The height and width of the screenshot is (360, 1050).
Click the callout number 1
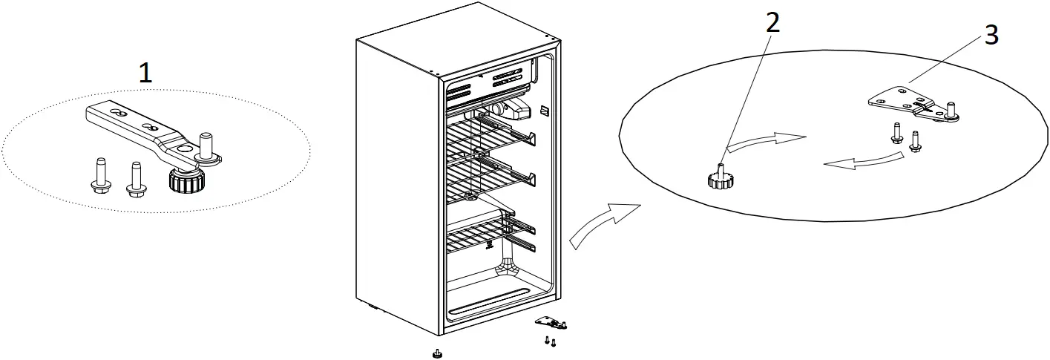pos(145,73)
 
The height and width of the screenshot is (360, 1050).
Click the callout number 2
pos(772,22)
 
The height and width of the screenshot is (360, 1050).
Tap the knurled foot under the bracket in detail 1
pos(183,179)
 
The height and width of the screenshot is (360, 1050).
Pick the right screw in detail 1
pos(134,180)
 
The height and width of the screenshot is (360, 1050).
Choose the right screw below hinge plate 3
pos(914,140)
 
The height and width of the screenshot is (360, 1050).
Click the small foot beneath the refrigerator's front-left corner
pos(438,352)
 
